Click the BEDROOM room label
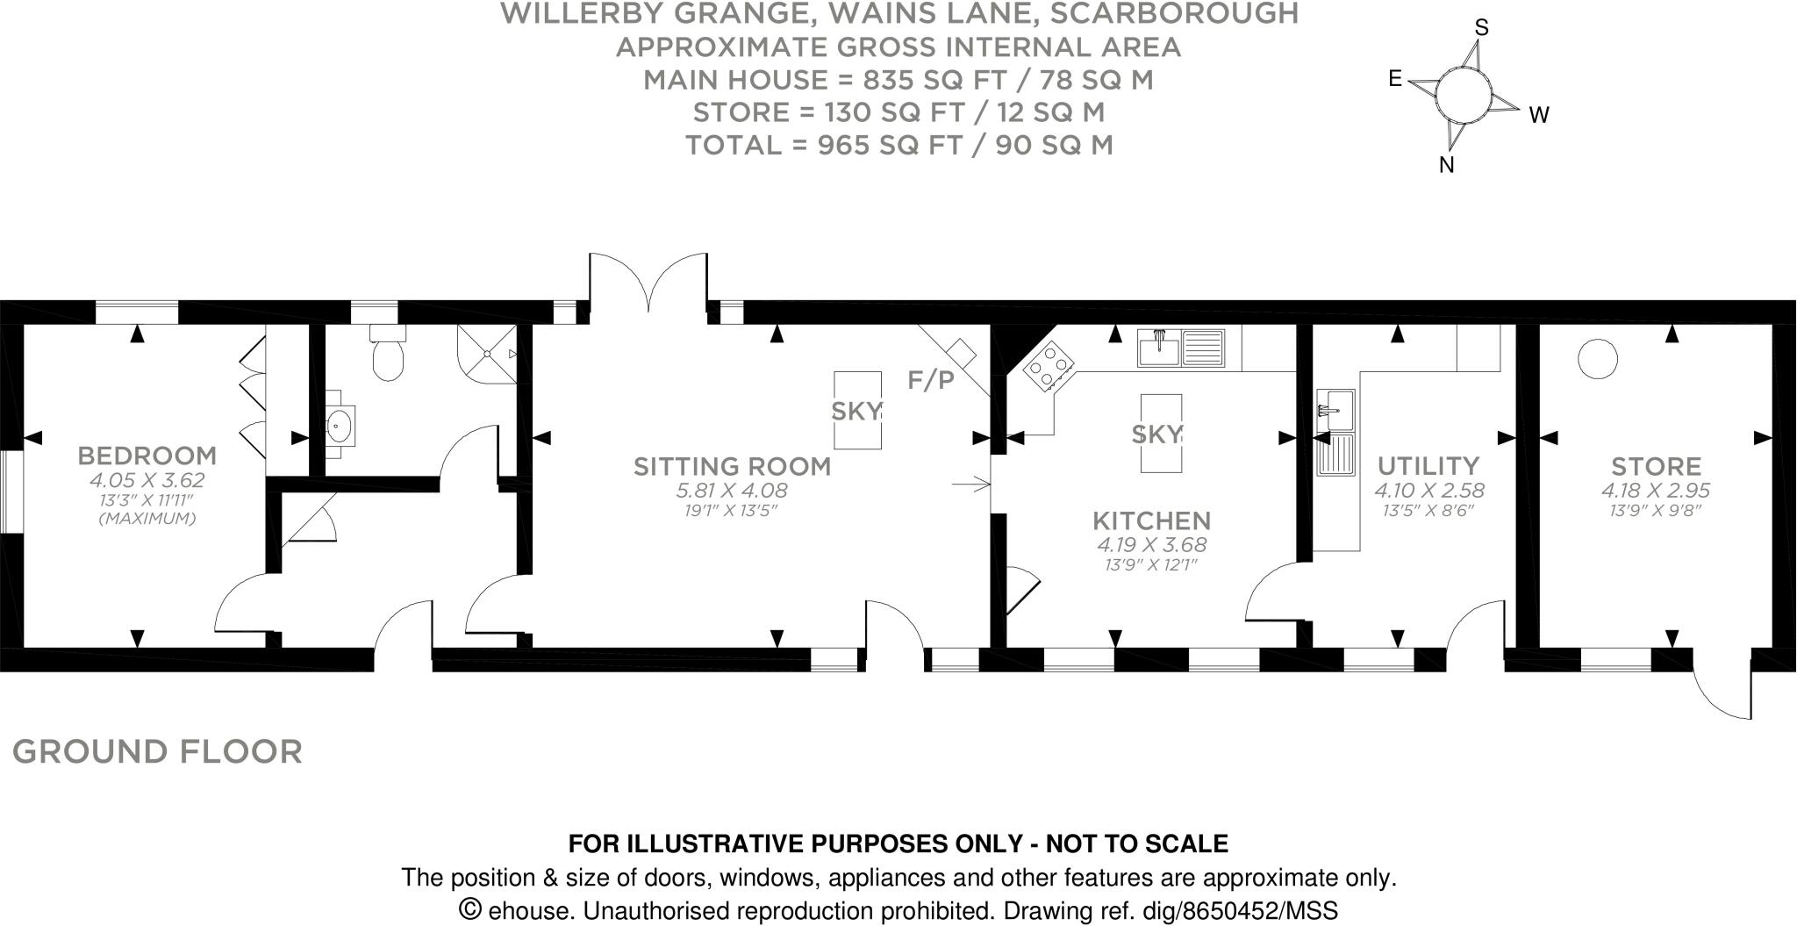[x=147, y=456]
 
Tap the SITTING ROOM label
[x=733, y=466]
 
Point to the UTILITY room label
[x=1428, y=465]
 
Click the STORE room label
[x=1656, y=466]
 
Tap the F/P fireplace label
[x=931, y=380]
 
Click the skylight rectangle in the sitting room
[x=857, y=410]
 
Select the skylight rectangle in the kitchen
[x=1161, y=434]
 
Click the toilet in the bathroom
[x=387, y=353]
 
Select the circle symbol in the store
[x=1598, y=360]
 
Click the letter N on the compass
[x=1447, y=165]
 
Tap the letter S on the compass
[x=1482, y=28]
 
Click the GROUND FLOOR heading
[x=158, y=752]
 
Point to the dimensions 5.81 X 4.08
[x=733, y=491]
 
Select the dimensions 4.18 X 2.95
[x=1656, y=491]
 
